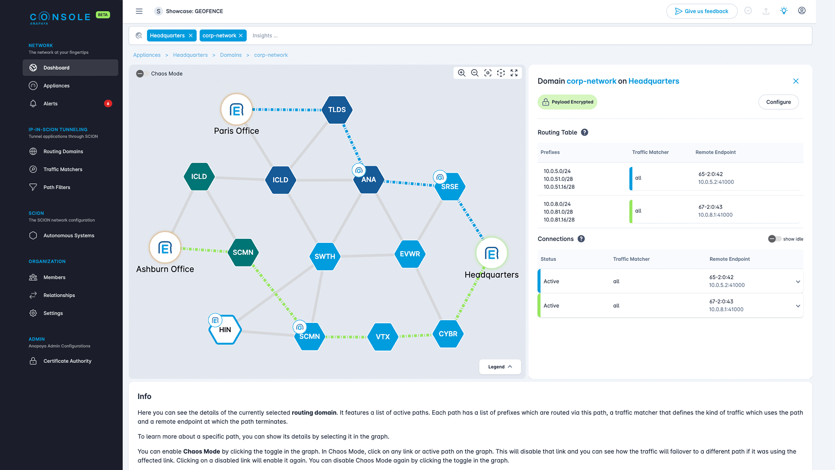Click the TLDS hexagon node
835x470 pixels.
(337, 110)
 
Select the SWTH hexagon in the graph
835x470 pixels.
(324, 256)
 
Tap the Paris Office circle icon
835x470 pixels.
(237, 110)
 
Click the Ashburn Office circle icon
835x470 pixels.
(165, 248)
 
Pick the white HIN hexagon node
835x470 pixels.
(225, 330)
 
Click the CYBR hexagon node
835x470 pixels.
(448, 334)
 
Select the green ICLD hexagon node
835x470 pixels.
(199, 177)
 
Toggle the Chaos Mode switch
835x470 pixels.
(140, 74)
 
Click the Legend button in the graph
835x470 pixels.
(500, 367)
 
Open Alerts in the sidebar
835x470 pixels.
(50, 104)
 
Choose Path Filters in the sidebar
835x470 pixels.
(57, 187)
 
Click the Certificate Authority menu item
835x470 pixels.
(67, 361)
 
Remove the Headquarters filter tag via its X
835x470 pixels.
(190, 36)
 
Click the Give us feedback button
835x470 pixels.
(701, 11)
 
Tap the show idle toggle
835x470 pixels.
(774, 239)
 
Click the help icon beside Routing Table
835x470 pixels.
(584, 132)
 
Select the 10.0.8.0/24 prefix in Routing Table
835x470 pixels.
(557, 204)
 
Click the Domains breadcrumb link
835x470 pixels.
(230, 55)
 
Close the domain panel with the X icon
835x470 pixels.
(795, 81)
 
